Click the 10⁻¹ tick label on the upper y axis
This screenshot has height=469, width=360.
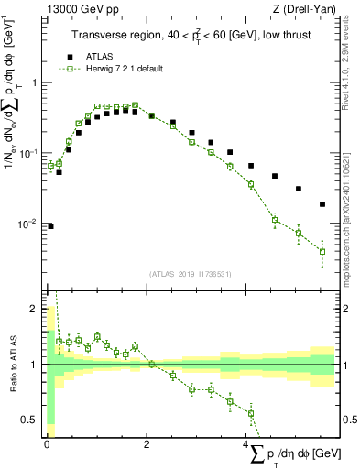pyautogui.click(x=27, y=154)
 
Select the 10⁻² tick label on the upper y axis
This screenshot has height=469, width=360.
pyautogui.click(x=27, y=224)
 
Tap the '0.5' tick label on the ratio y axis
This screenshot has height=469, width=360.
pyautogui.click(x=29, y=420)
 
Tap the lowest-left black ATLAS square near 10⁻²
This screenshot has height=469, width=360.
pyautogui.click(x=49, y=225)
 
